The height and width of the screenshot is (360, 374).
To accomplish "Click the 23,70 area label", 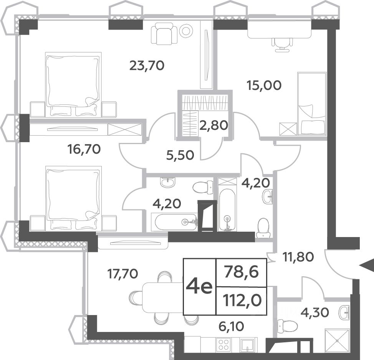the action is click(x=147, y=65).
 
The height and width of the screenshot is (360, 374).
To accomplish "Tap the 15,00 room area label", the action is click(x=264, y=85).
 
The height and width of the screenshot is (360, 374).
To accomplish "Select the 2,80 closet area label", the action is click(x=213, y=125).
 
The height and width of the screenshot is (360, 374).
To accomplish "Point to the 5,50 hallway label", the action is click(x=180, y=156).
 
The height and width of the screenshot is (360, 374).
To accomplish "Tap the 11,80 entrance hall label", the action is click(x=298, y=257).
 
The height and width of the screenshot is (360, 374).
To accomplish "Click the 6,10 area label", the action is click(x=231, y=326).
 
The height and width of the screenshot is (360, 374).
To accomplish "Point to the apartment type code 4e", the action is click(x=199, y=287).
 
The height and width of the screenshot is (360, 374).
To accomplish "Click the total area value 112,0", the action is click(x=242, y=300).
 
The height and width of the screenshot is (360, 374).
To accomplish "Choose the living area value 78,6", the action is click(x=242, y=272).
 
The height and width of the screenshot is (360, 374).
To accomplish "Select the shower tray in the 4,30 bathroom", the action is click(x=337, y=340).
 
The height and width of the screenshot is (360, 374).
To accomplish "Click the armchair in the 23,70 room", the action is click(x=164, y=33).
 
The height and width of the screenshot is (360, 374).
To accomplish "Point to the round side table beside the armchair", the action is click(x=187, y=31).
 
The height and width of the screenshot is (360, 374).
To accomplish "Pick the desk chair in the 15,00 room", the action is click(x=282, y=45).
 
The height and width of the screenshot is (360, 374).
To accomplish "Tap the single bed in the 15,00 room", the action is click(x=312, y=103).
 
